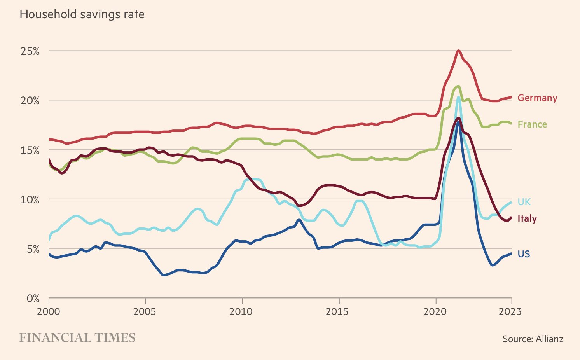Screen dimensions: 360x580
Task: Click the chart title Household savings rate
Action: click(x=82, y=15)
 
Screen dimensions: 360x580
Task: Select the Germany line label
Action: click(x=537, y=98)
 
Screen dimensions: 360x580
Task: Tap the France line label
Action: click(x=532, y=124)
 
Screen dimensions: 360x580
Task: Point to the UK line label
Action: click(x=524, y=202)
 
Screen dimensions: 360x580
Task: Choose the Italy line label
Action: click(x=527, y=218)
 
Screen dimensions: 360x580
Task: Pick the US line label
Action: click(x=524, y=254)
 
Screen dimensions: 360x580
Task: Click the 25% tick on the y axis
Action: click(x=30, y=51)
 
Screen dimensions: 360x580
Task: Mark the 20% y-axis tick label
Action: click(x=30, y=101)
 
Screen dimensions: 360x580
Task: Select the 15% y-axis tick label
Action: click(x=30, y=150)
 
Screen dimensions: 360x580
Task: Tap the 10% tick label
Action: click(x=30, y=199)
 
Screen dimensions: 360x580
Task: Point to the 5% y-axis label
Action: click(x=32, y=249)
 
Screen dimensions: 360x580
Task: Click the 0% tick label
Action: click(x=32, y=298)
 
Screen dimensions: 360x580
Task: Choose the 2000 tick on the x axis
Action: click(x=49, y=311)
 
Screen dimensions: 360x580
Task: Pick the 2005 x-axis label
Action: click(x=145, y=311)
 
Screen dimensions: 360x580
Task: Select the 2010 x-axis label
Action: click(x=242, y=311)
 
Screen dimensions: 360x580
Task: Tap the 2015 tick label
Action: click(x=339, y=311)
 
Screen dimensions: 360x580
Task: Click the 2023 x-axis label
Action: click(x=510, y=311)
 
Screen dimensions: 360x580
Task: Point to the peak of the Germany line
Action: click(x=459, y=51)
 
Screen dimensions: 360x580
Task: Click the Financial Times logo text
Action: click(x=77, y=337)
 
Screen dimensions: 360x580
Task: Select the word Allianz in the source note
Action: click(x=549, y=339)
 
